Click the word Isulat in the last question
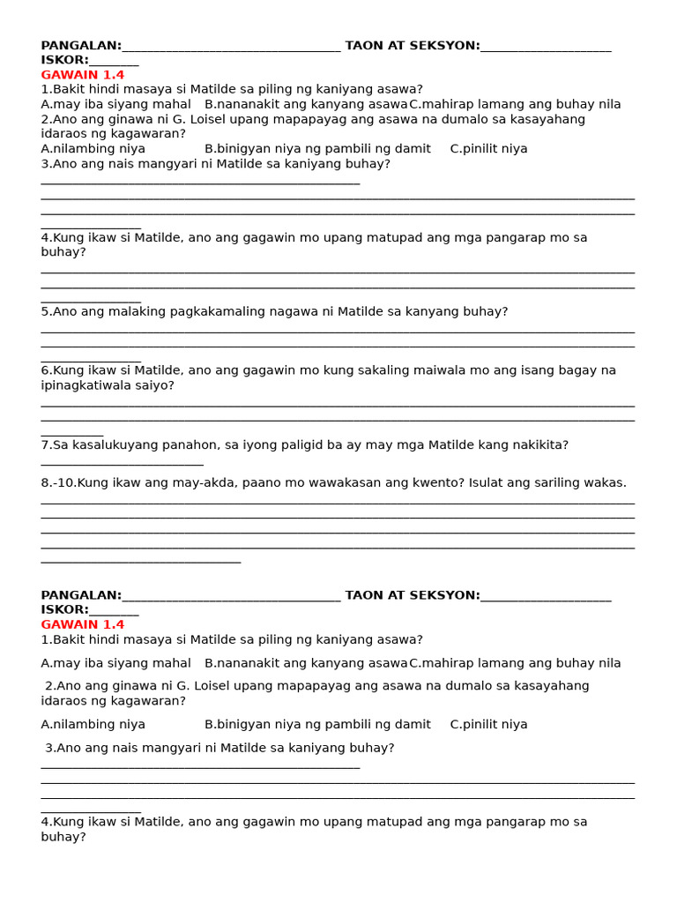(487, 483)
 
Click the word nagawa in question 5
(304, 311)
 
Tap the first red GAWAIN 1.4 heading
(83, 75)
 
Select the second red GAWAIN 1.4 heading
(83, 624)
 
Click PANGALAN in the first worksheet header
(80, 46)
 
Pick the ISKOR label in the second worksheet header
(63, 609)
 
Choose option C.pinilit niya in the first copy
(488, 149)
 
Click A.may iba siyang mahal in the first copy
(115, 104)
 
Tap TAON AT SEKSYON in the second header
(412, 595)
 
